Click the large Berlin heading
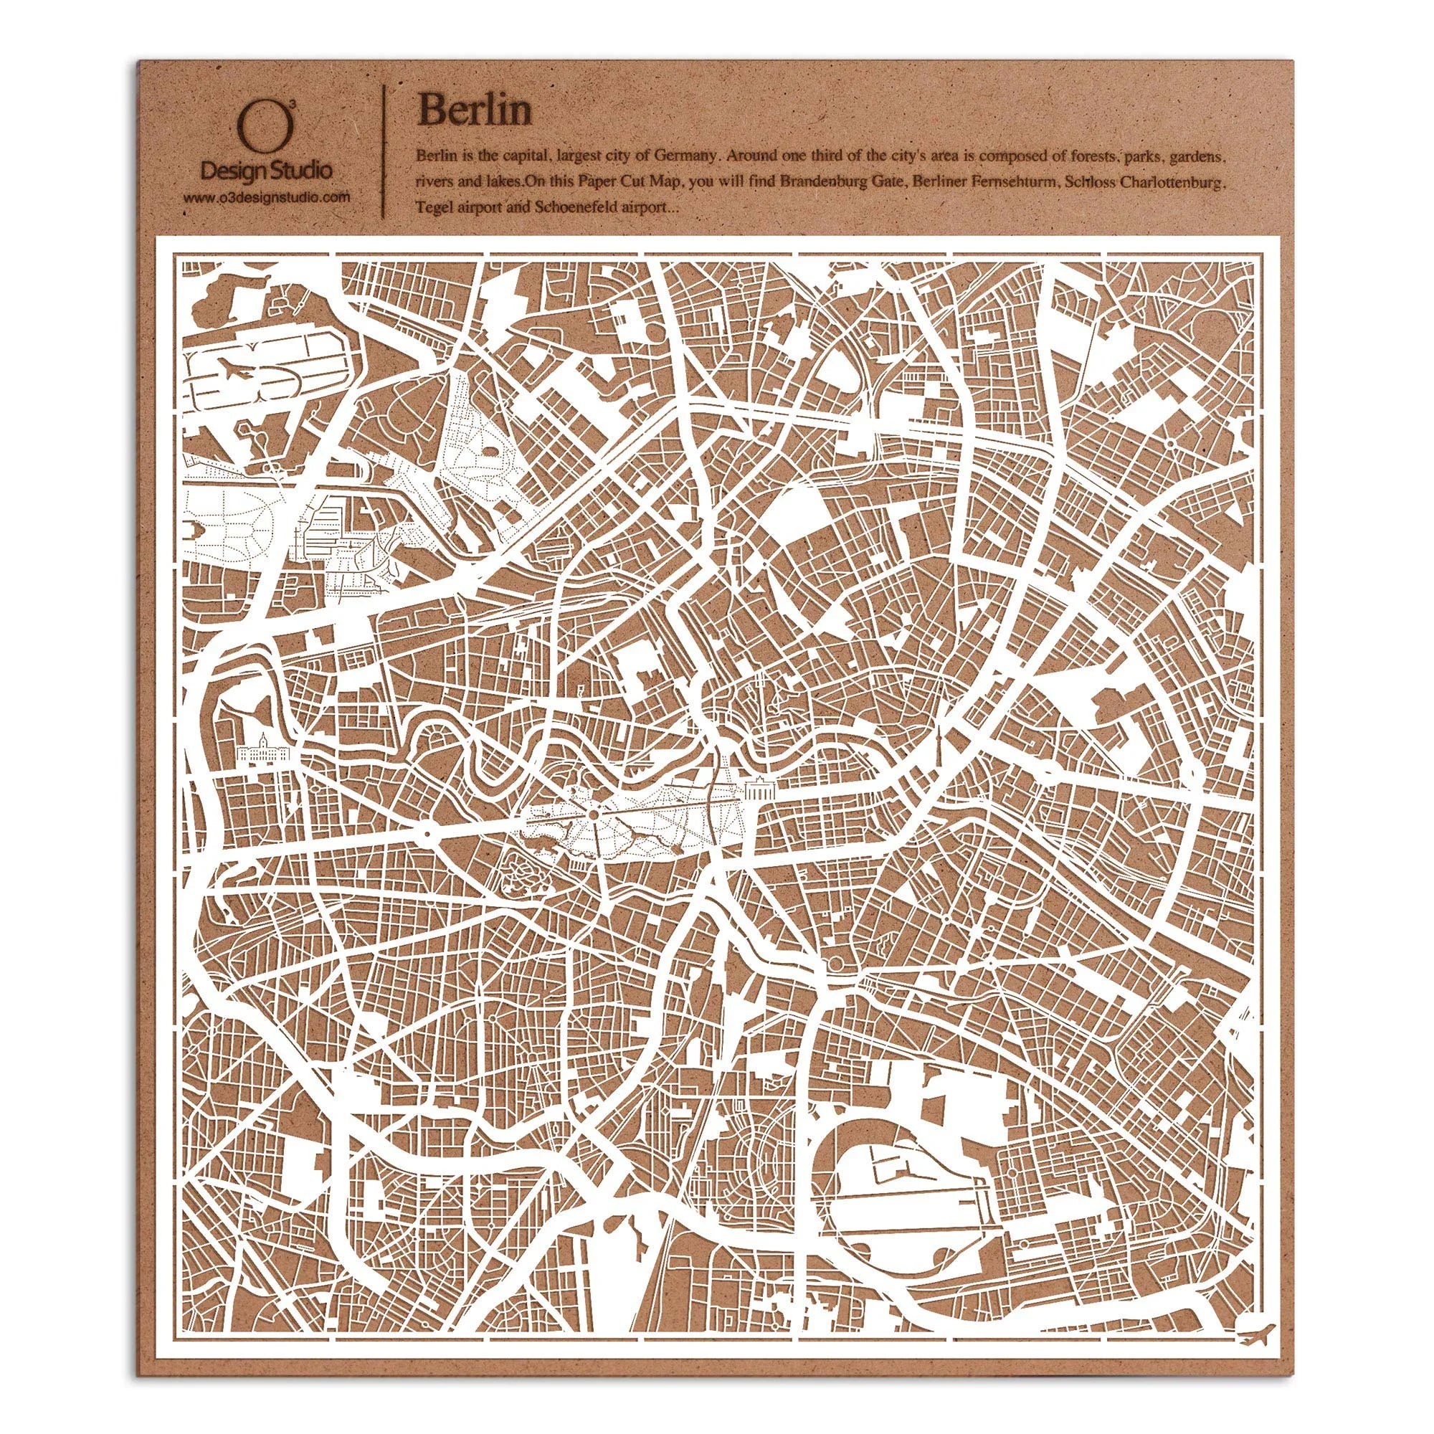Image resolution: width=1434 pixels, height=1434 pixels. tap(475, 111)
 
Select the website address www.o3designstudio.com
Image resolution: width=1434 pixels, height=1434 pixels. tap(267, 198)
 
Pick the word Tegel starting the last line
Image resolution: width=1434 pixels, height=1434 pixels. tap(431, 209)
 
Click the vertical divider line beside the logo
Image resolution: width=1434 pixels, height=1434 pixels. tap(384, 148)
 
